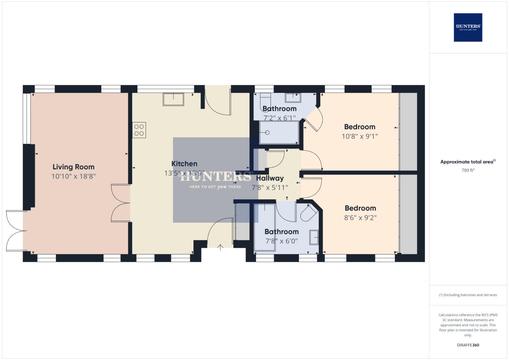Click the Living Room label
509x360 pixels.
(x=73, y=167)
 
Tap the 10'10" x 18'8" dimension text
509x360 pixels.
(x=73, y=176)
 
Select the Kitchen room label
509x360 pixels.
(x=184, y=164)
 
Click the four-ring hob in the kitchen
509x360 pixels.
(x=139, y=130)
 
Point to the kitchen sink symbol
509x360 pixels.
(x=173, y=99)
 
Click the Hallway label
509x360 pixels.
(x=270, y=178)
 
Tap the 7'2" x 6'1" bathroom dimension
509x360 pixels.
(x=279, y=118)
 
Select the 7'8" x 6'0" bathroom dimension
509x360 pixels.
(x=281, y=241)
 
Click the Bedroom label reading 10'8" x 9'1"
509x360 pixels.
(x=360, y=127)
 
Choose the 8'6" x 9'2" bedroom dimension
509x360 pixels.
(x=360, y=218)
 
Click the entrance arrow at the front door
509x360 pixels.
(x=220, y=247)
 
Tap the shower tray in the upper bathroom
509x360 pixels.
(x=279, y=133)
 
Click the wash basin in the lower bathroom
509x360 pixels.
(x=314, y=237)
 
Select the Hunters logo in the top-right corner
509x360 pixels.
(x=468, y=27)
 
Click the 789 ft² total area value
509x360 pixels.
(x=468, y=170)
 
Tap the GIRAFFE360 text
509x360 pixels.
(x=468, y=345)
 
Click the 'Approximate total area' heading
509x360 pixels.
(x=467, y=162)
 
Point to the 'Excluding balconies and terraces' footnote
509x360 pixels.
(x=468, y=295)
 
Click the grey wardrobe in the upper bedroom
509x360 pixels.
(x=408, y=132)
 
